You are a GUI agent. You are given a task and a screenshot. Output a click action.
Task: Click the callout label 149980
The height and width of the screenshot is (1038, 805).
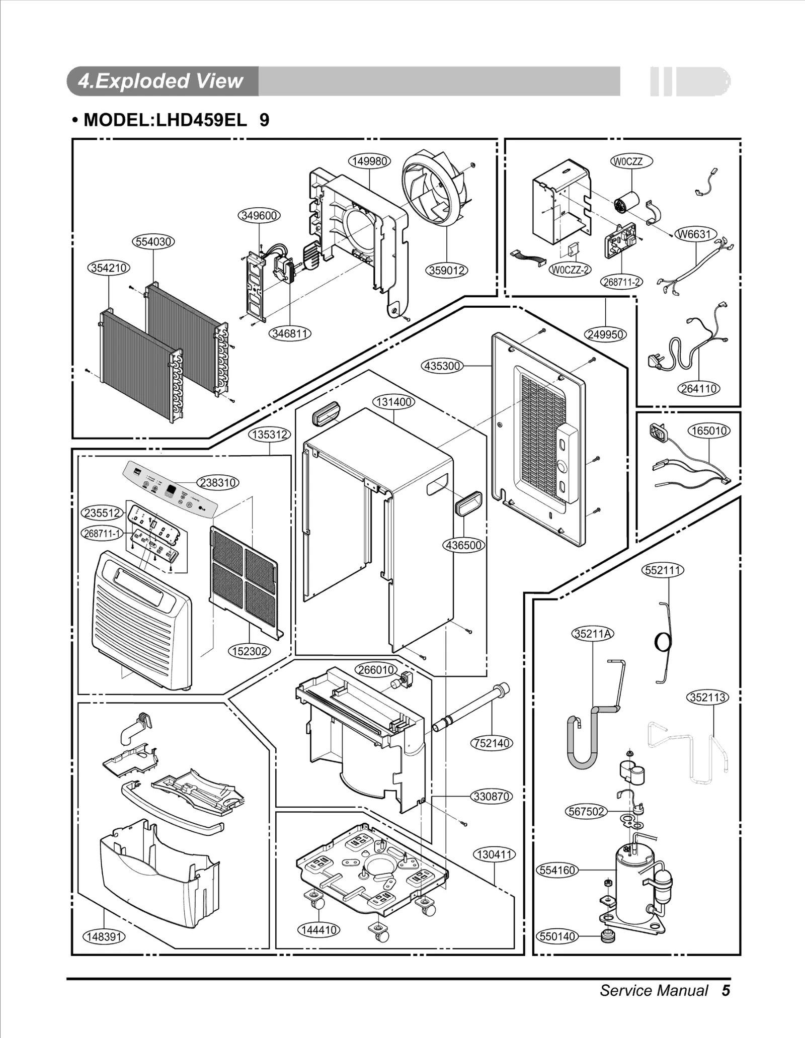(369, 161)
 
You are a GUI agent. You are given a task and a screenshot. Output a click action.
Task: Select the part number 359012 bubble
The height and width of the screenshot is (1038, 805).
(447, 271)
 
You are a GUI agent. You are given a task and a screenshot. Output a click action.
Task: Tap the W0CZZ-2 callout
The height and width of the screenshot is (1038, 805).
(569, 270)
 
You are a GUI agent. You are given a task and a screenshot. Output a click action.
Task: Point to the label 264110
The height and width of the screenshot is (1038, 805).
(699, 388)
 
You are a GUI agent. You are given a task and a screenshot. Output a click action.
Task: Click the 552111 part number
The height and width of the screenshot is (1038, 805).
(664, 570)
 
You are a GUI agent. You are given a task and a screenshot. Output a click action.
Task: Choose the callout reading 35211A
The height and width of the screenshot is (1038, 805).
(593, 633)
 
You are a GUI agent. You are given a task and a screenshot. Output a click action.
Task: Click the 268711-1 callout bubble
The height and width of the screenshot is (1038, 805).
(102, 533)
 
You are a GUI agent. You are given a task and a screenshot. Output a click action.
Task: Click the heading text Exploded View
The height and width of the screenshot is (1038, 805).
(161, 81)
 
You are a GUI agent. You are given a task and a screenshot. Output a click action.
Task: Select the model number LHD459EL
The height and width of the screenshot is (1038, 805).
(201, 120)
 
